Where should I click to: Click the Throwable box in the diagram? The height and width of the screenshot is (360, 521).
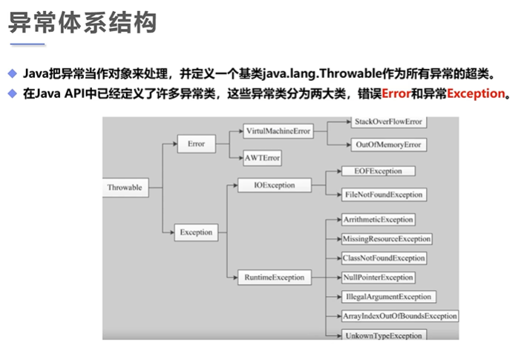[125, 187]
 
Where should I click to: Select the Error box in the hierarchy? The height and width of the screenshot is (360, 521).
[197, 143]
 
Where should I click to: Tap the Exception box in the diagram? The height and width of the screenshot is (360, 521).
[196, 232]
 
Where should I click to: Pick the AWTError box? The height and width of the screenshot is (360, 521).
[262, 158]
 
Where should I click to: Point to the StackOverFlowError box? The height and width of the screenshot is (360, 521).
[388, 120]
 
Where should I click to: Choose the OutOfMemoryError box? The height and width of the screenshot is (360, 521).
[387, 145]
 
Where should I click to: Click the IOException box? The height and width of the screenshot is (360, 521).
[269, 185]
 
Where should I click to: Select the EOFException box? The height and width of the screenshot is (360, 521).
[378, 171]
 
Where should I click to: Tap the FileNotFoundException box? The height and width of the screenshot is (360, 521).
[384, 194]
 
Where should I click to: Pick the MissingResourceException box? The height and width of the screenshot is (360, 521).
[386, 239]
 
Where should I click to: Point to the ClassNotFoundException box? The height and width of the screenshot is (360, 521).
[384, 258]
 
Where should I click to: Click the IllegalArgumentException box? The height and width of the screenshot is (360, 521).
[388, 297]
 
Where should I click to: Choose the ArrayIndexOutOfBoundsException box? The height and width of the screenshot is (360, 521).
[399, 316]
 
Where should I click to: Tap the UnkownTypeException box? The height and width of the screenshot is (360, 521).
[383, 336]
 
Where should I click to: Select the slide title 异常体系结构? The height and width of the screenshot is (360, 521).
[82, 22]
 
